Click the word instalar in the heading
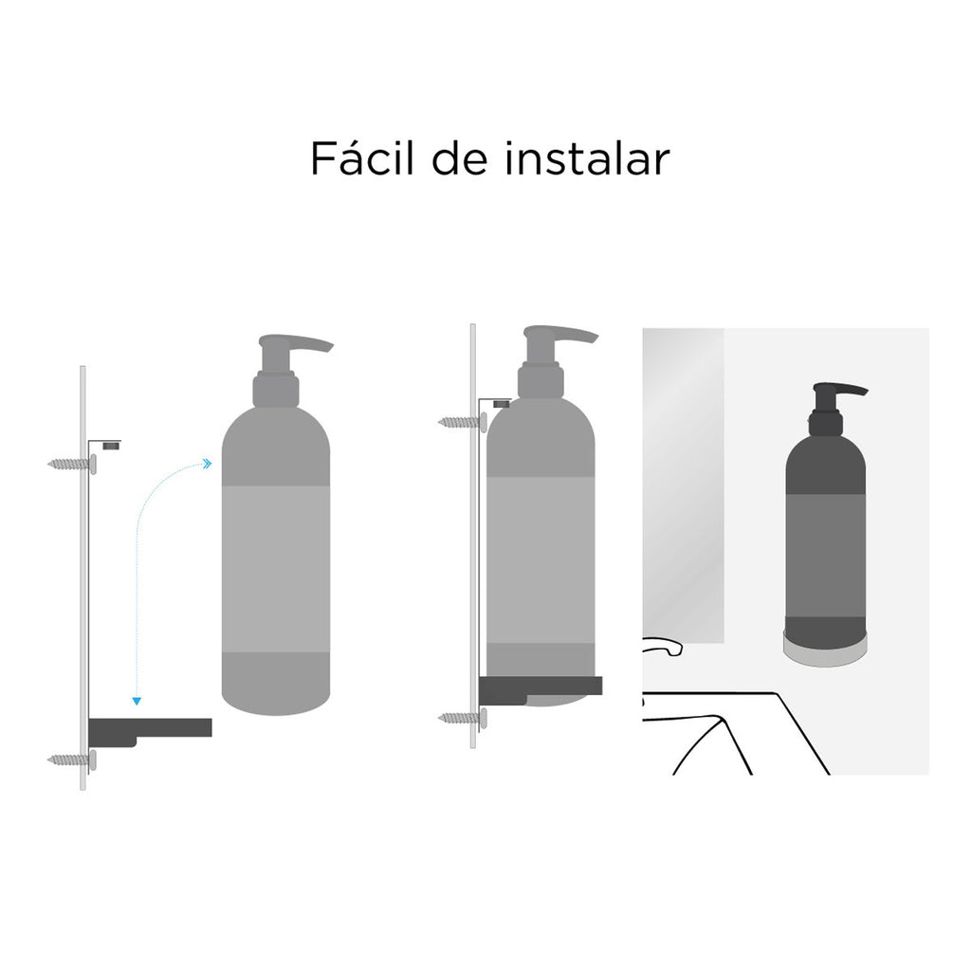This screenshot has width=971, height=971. pyautogui.click(x=587, y=159)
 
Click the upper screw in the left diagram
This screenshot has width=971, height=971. pyautogui.click(x=71, y=464)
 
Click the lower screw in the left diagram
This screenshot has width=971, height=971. pyautogui.click(x=71, y=760)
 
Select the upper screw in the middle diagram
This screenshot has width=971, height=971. pyautogui.click(x=462, y=421)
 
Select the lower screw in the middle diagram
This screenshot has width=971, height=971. pyautogui.click(x=462, y=718)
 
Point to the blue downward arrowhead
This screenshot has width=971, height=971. pyautogui.click(x=137, y=701)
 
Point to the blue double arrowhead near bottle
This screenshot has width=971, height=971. pyautogui.click(x=206, y=464)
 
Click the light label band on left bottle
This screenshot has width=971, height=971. pyautogui.click(x=276, y=569)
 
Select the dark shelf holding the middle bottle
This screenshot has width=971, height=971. pyautogui.click(x=540, y=687)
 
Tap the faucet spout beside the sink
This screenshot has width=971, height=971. pyautogui.click(x=663, y=647)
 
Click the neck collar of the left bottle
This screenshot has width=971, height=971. pyautogui.click(x=276, y=390)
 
